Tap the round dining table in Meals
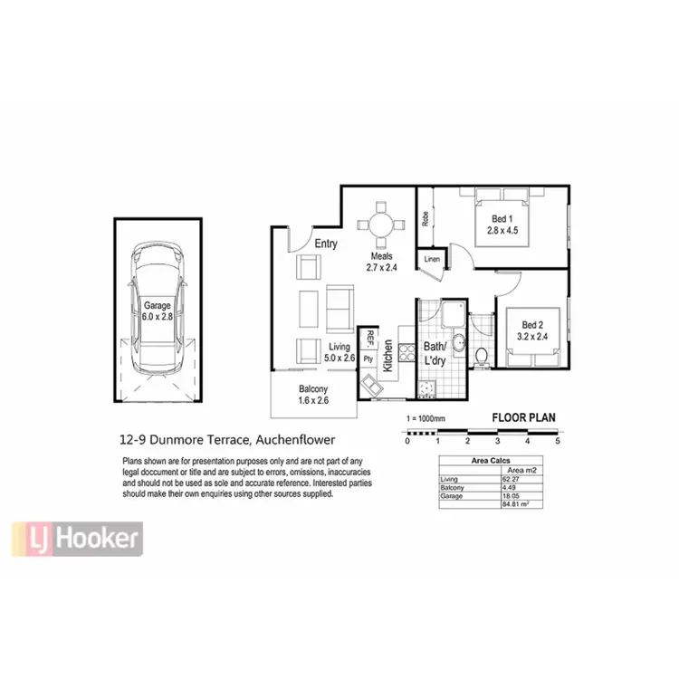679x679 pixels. point(381,225)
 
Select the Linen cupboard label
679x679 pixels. point(432,260)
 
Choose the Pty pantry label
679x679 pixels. point(368,359)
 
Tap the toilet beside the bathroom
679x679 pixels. point(483,354)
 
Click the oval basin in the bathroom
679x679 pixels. point(459,345)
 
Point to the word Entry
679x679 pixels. point(327,244)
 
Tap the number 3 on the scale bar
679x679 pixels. point(497,441)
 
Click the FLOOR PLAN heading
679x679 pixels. point(522,418)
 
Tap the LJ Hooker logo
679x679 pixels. point(77,540)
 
